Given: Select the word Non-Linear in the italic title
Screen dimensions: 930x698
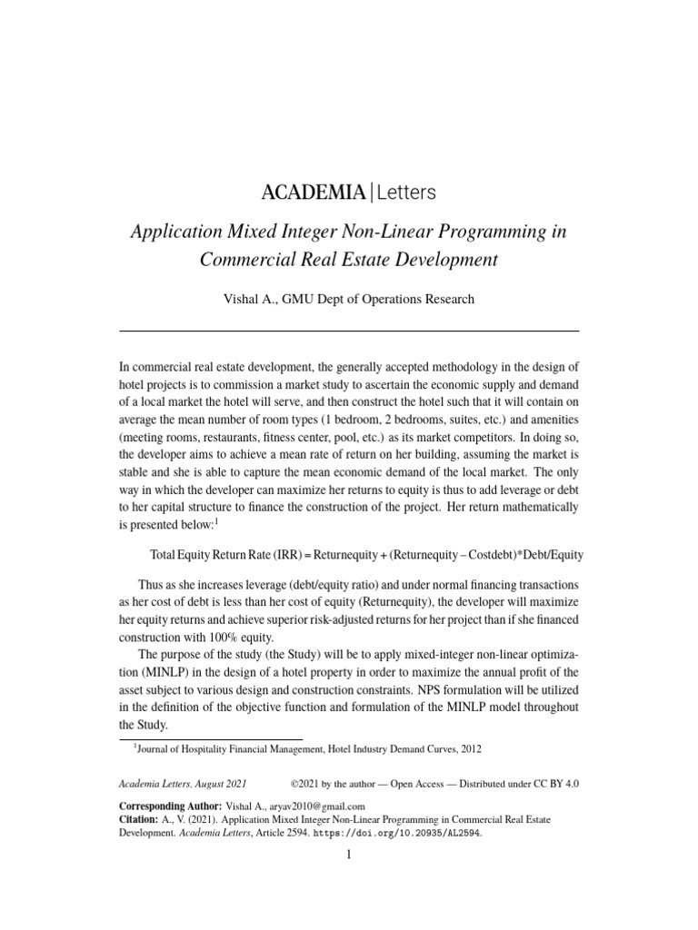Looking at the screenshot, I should click(x=373, y=232).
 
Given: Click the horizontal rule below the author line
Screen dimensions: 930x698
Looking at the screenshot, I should click(x=349, y=330).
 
